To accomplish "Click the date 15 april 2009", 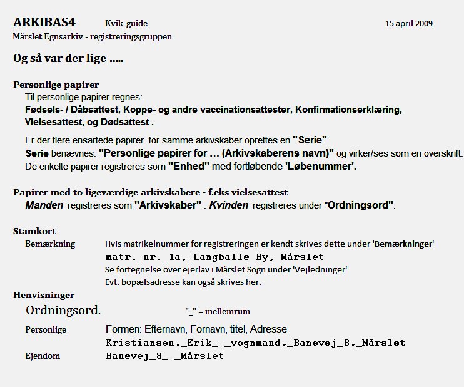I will pos(409,24).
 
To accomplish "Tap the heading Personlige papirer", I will pos(56,85).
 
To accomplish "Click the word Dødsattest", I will pos(126,122).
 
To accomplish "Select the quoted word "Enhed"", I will pos(189,167).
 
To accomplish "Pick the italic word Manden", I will pos(44,205).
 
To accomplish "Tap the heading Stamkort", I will pos(34,231).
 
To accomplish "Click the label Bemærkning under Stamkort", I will pos(50,244).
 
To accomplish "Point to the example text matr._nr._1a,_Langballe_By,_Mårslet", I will pos(215,257).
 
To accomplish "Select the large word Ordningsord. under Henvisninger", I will pos(63,310).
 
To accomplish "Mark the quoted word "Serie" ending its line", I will pos(310,139).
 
